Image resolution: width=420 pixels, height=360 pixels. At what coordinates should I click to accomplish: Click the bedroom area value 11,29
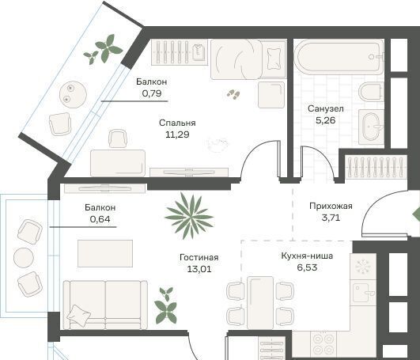177,135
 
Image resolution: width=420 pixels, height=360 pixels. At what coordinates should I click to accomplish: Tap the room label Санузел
325,108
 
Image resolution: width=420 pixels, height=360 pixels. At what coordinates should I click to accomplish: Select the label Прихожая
331,206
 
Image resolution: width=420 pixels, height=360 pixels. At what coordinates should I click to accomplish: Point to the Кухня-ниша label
307,256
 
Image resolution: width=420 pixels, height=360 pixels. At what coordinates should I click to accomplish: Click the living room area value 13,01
199,269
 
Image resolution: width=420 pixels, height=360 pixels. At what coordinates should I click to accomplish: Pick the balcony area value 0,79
152,93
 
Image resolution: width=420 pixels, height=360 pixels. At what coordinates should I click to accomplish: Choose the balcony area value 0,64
100,219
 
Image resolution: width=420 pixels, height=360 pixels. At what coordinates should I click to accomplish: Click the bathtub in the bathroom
339,57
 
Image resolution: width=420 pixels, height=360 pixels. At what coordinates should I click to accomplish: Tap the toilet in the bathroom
371,91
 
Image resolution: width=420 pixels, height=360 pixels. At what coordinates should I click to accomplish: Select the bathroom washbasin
372,127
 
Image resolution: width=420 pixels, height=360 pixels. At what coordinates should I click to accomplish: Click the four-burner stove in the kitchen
324,345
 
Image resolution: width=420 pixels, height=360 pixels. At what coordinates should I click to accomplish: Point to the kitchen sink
363,293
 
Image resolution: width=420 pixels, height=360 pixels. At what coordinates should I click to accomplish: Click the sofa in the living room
105,305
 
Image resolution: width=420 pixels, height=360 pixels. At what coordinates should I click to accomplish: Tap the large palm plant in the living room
190,216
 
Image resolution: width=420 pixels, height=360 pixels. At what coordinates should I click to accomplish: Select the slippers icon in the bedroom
233,94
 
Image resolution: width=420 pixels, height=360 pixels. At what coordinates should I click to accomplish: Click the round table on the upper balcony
73,94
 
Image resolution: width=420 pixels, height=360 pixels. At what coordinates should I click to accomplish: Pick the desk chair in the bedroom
117,138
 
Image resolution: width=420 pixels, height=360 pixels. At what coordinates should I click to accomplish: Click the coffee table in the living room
105,253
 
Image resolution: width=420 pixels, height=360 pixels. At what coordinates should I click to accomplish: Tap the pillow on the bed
274,59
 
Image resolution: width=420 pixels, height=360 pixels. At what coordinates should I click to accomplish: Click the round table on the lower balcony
24,258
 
